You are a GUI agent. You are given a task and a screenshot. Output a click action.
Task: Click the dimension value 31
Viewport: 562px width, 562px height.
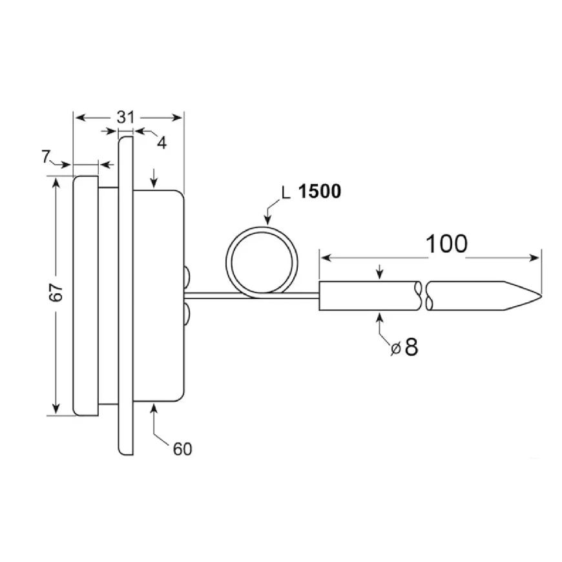(x=125, y=117)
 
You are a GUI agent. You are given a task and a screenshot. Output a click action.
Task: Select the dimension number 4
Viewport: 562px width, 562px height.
(x=162, y=143)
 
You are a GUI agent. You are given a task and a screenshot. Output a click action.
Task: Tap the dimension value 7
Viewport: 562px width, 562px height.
(x=45, y=156)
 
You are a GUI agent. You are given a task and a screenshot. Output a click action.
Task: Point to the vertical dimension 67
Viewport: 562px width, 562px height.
(x=57, y=292)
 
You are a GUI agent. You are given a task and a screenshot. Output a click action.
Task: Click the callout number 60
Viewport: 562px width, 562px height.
(x=182, y=449)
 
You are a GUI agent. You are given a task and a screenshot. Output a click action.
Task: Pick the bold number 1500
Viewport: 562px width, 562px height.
(x=320, y=191)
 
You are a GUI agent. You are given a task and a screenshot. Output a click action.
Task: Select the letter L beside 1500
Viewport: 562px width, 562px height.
(x=286, y=193)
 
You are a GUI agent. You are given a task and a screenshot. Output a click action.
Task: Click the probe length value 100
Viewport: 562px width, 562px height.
(x=446, y=244)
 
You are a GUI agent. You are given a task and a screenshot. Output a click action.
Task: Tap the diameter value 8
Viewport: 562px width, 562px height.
(x=411, y=347)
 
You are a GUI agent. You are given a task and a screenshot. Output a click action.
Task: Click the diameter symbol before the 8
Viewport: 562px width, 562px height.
(x=396, y=348)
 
